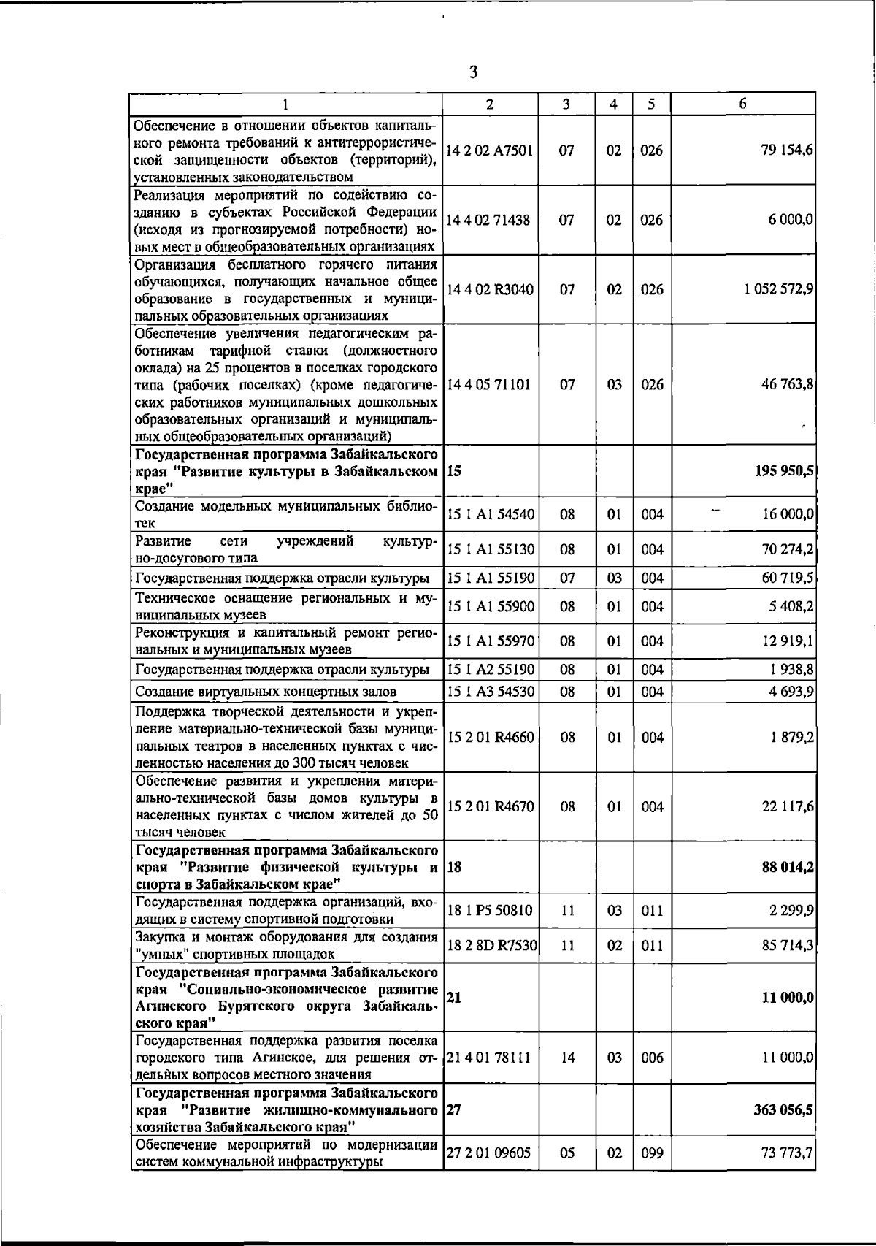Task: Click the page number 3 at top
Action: click(474, 72)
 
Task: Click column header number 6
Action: click(742, 104)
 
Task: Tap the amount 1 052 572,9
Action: click(779, 289)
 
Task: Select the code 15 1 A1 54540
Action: click(490, 514)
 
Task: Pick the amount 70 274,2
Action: click(787, 549)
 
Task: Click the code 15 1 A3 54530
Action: click(490, 691)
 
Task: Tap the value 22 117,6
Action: click(788, 806)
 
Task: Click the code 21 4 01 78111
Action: click(488, 1058)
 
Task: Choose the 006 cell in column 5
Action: click(651, 1058)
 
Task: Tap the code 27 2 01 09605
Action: click(487, 1153)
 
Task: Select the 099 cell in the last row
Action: click(651, 1153)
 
